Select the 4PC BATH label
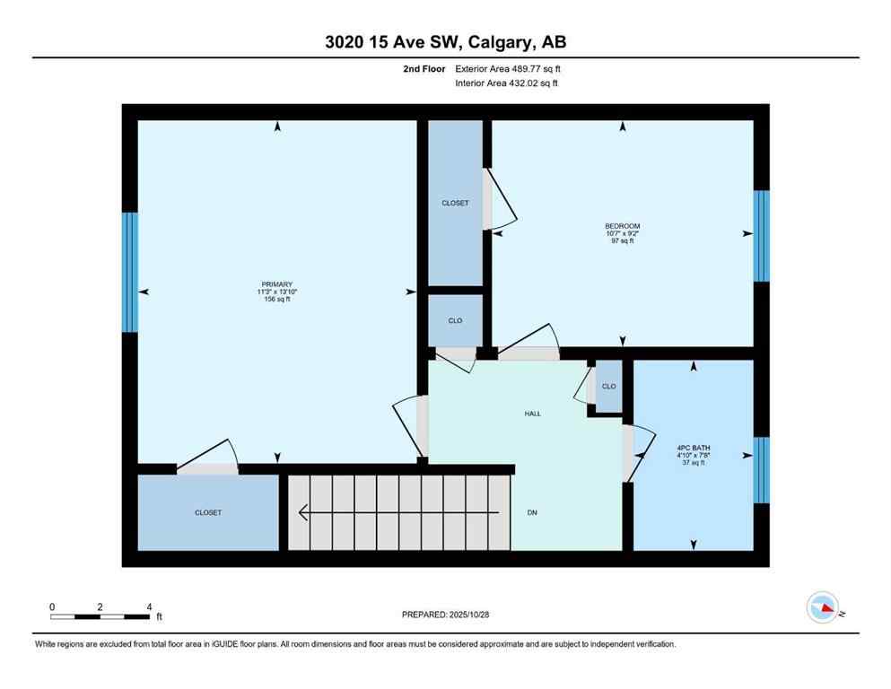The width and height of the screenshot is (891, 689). coord(691,448)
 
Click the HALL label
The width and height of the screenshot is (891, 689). coord(532,414)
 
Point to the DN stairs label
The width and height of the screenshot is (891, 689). coord(531,512)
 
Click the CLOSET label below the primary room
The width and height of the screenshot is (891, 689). coord(207,512)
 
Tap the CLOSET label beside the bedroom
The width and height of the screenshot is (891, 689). coord(455,204)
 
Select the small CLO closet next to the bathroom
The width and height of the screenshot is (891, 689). coord(608,387)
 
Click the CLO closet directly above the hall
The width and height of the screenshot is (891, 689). coord(455,320)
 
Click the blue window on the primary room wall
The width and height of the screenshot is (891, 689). coord(131,272)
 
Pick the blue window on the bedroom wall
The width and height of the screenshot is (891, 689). coord(761,235)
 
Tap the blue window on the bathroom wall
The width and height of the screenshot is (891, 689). coord(761,470)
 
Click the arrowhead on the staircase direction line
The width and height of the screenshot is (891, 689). coord(303,512)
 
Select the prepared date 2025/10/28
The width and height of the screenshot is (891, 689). coord(445,615)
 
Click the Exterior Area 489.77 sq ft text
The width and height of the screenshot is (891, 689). coord(509,68)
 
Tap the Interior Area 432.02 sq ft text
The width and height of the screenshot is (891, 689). coord(508,84)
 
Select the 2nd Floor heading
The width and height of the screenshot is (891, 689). coord(425,68)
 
